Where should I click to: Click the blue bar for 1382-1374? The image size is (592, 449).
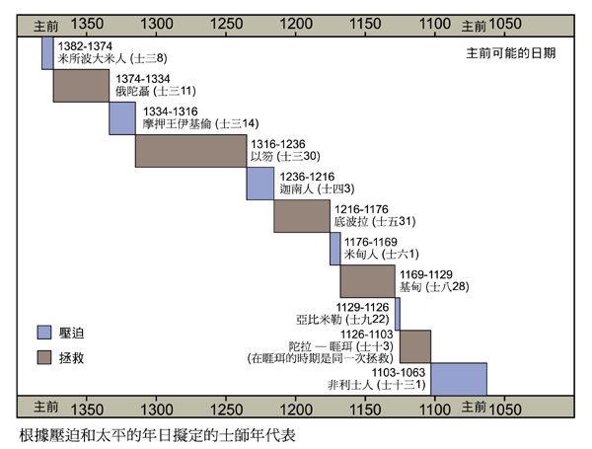(47, 53)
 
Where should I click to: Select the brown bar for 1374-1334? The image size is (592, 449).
(81, 86)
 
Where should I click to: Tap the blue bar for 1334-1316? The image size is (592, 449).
(122, 118)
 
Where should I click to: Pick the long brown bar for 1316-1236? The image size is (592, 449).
(190, 151)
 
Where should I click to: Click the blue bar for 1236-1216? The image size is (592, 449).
(260, 184)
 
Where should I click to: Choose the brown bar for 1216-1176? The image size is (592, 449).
(303, 216)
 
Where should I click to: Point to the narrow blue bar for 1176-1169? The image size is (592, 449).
(335, 249)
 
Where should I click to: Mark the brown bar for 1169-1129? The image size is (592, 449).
(367, 281)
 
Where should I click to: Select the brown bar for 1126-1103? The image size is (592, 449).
(414, 346)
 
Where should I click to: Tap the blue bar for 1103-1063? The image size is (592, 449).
(459, 379)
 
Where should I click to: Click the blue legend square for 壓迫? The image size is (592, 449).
(44, 333)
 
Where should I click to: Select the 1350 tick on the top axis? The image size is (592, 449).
(88, 22)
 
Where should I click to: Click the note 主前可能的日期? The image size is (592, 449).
(510, 54)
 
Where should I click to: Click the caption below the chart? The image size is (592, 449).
(156, 434)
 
